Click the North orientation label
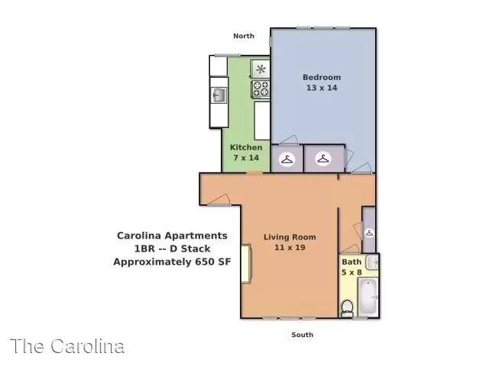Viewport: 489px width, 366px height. (244, 36)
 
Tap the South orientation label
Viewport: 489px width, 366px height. (303, 335)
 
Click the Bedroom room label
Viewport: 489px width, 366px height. (322, 77)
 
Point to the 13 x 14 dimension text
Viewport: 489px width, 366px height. (322, 88)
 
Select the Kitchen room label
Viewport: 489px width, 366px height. (246, 147)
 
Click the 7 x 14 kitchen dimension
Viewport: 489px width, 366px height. (246, 158)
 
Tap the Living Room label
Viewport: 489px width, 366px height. (290, 237)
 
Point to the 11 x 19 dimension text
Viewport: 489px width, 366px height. (290, 247)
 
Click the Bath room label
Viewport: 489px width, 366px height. (351, 262)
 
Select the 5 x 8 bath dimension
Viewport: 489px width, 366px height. (351, 272)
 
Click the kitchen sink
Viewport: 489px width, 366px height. (219, 95)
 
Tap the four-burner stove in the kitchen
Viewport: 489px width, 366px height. (261, 88)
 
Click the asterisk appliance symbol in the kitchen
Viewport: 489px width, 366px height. (261, 69)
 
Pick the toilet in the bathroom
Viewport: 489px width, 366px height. (347, 308)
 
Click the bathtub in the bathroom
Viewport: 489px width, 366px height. (368, 297)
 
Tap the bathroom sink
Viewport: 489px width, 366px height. (372, 262)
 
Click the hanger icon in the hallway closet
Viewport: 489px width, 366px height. (369, 233)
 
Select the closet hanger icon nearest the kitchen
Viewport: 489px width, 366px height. (287, 159)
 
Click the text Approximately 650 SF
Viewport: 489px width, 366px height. (172, 262)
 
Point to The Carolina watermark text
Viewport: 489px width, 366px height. (67, 346)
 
